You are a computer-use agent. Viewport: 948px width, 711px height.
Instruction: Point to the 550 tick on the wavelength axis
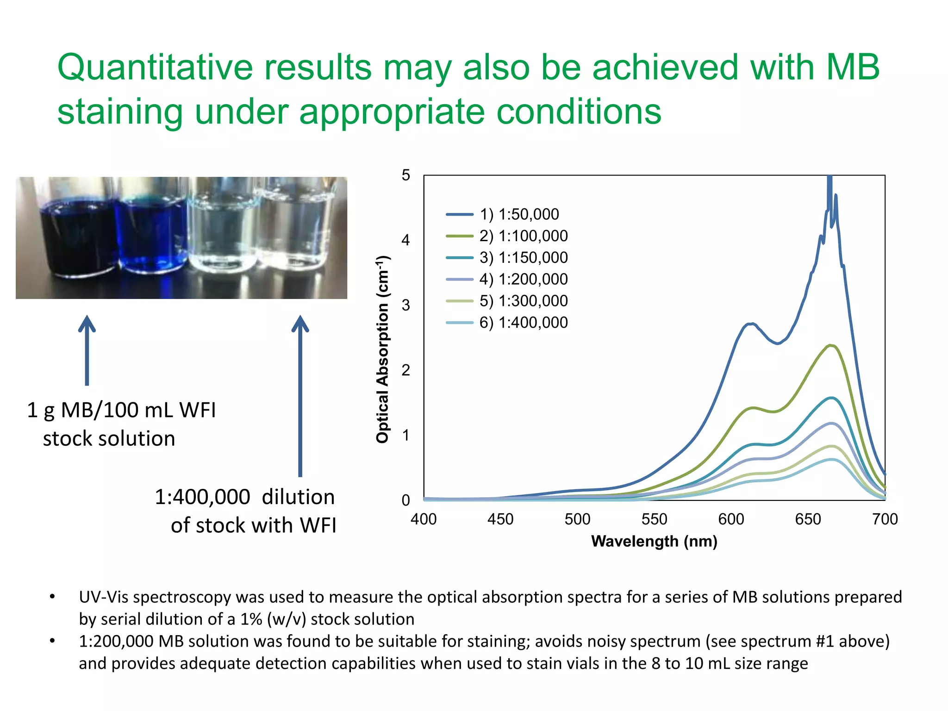tap(654, 519)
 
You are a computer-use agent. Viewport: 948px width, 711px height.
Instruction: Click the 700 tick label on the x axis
tap(885, 519)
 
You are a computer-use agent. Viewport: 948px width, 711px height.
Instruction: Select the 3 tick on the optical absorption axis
tap(406, 305)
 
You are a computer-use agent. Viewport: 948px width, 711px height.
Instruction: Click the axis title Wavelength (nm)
tap(654, 541)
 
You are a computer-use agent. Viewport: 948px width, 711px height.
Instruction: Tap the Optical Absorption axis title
tap(383, 349)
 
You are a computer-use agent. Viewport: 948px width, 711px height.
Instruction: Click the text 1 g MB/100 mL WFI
tap(121, 410)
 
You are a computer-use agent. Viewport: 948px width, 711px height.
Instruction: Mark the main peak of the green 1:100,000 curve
tap(831, 345)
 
